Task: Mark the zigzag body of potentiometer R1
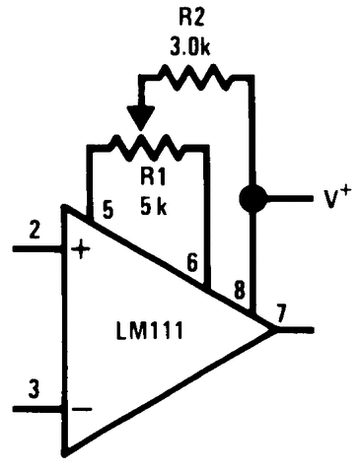(148, 148)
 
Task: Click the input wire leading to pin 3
(35, 408)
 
